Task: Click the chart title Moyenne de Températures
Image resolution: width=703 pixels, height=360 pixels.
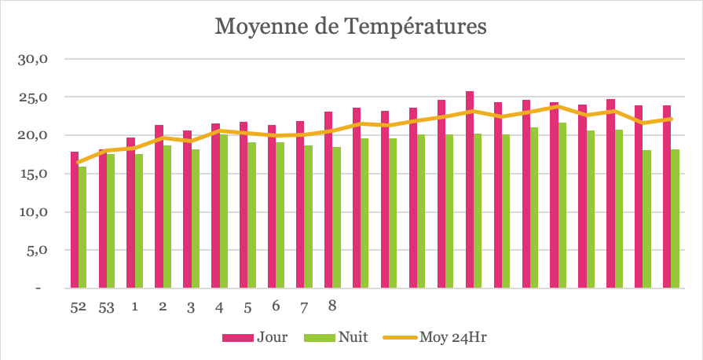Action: tap(351, 27)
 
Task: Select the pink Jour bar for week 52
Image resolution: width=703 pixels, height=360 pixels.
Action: tap(74, 220)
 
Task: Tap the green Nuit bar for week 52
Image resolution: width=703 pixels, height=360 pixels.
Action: tap(82, 228)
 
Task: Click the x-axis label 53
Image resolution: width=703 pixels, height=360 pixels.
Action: tap(107, 307)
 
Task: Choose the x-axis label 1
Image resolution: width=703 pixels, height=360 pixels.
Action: tap(135, 306)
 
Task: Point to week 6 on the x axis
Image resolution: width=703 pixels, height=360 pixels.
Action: tap(276, 306)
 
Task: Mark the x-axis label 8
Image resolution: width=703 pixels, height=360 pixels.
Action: tap(332, 306)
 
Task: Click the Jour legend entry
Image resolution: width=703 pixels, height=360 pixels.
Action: tap(255, 338)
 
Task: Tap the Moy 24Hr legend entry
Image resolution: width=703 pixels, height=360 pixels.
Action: tap(440, 338)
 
